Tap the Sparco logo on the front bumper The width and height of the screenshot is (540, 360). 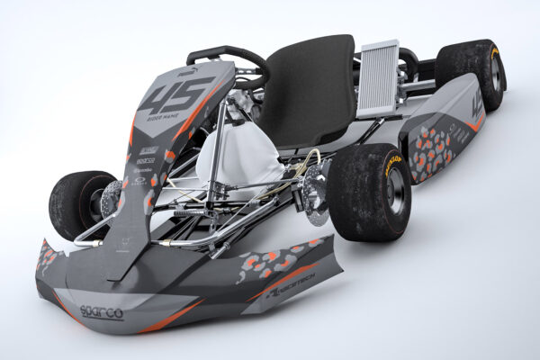(x=101, y=311)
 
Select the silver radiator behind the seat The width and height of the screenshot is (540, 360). (x=377, y=78)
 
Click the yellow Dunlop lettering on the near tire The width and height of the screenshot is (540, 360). (x=393, y=164)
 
